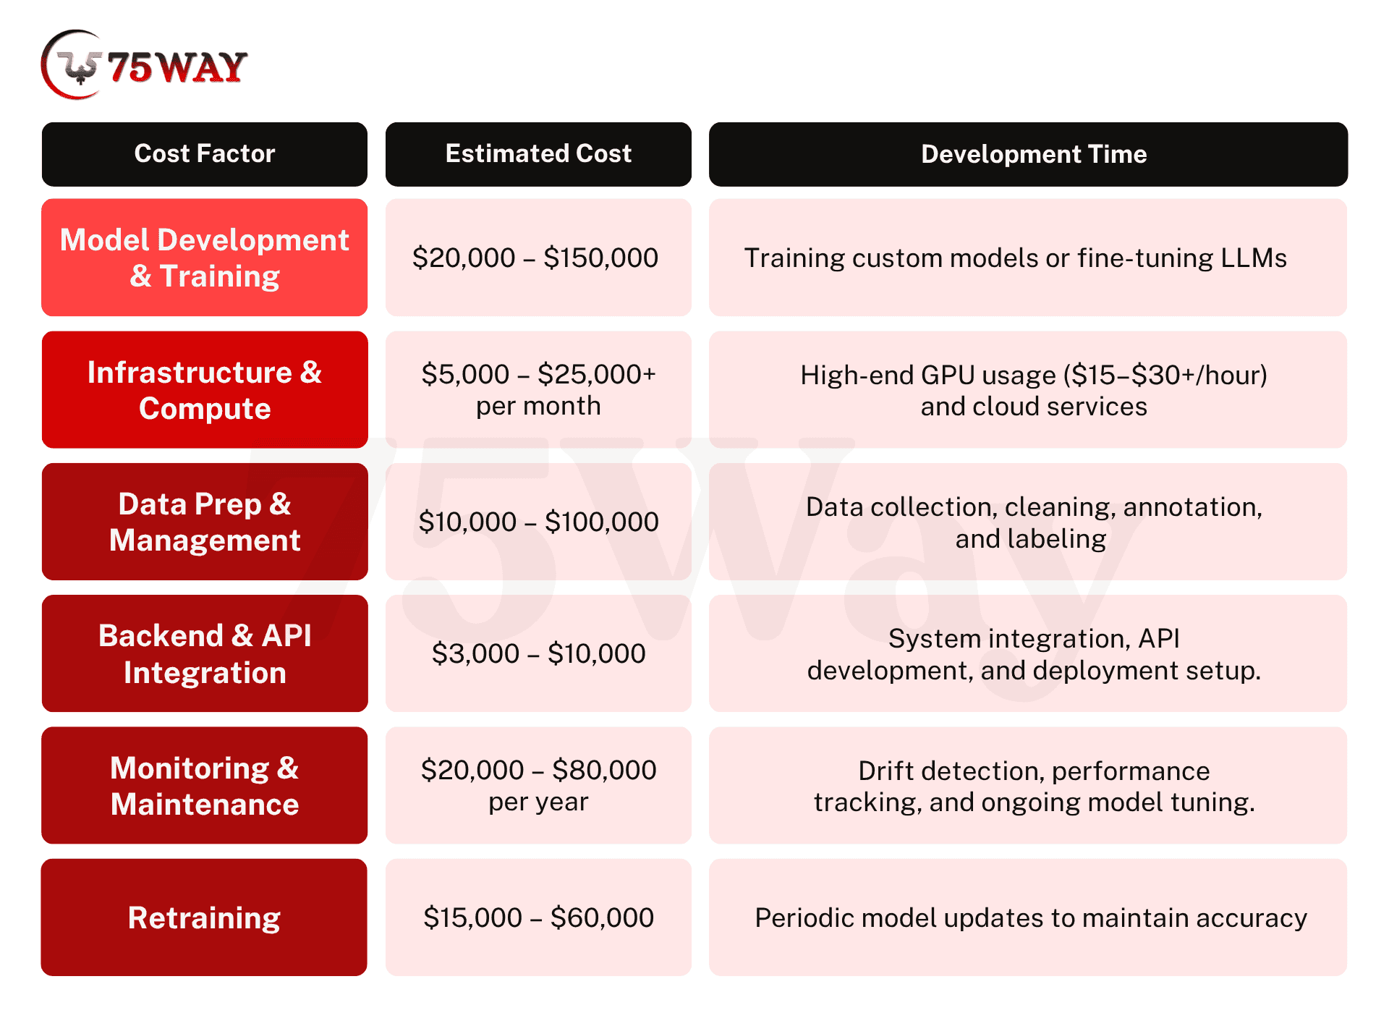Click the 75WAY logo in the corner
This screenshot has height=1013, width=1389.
tap(144, 65)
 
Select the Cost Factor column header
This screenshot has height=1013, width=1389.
tap(205, 154)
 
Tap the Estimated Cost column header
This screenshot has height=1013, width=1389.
tap(538, 154)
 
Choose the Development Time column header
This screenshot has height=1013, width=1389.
tap(1028, 154)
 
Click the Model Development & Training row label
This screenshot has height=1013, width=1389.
tap(205, 258)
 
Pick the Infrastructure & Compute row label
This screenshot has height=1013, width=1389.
tap(205, 390)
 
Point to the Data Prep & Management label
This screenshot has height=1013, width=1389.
tap(205, 522)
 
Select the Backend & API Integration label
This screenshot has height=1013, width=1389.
tap(205, 653)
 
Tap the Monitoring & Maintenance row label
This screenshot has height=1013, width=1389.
tap(205, 786)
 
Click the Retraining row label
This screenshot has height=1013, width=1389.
tap(205, 917)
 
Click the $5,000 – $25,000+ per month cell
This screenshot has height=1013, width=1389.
tap(538, 390)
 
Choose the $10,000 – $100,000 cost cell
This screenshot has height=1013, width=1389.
tap(538, 522)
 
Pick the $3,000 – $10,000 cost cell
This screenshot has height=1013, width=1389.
tap(538, 653)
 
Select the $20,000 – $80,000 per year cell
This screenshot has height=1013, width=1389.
tap(538, 786)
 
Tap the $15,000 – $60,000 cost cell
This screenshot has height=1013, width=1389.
tap(538, 917)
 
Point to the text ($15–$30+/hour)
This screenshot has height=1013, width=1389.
tap(1165, 375)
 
